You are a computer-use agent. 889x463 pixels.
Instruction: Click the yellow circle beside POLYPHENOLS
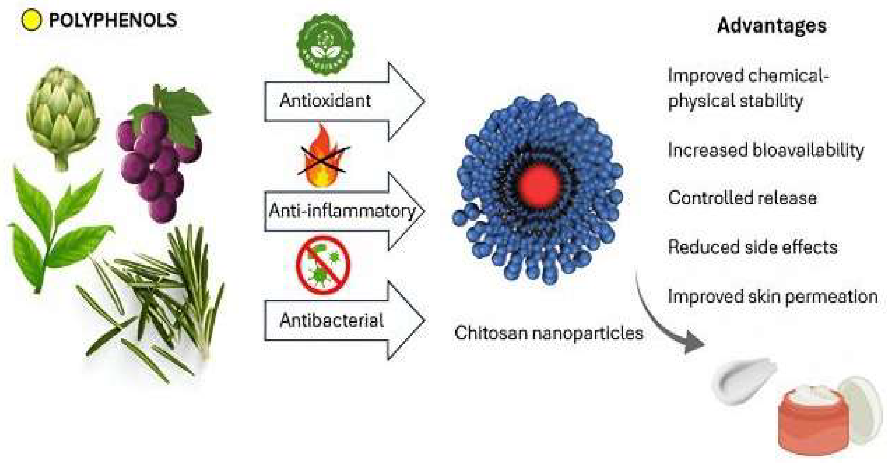tap(31, 20)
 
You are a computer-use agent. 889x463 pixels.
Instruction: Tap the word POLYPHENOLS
tap(113, 20)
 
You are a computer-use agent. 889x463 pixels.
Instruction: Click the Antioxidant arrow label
tap(325, 101)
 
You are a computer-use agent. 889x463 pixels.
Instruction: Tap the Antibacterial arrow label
tap(331, 320)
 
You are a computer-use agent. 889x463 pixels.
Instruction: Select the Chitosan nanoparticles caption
tap(548, 333)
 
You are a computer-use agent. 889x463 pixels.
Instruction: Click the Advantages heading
tap(772, 25)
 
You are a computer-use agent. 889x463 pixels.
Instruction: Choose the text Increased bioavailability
tap(765, 150)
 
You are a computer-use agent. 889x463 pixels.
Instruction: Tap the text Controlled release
tap(742, 198)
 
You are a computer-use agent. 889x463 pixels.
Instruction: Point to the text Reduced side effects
tap(752, 247)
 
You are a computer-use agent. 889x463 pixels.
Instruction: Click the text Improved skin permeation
tap(772, 297)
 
